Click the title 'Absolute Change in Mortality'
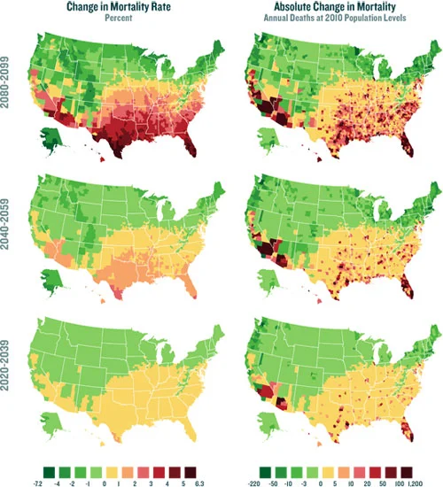click(x=334, y=7)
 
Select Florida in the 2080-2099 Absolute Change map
click(x=407, y=147)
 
